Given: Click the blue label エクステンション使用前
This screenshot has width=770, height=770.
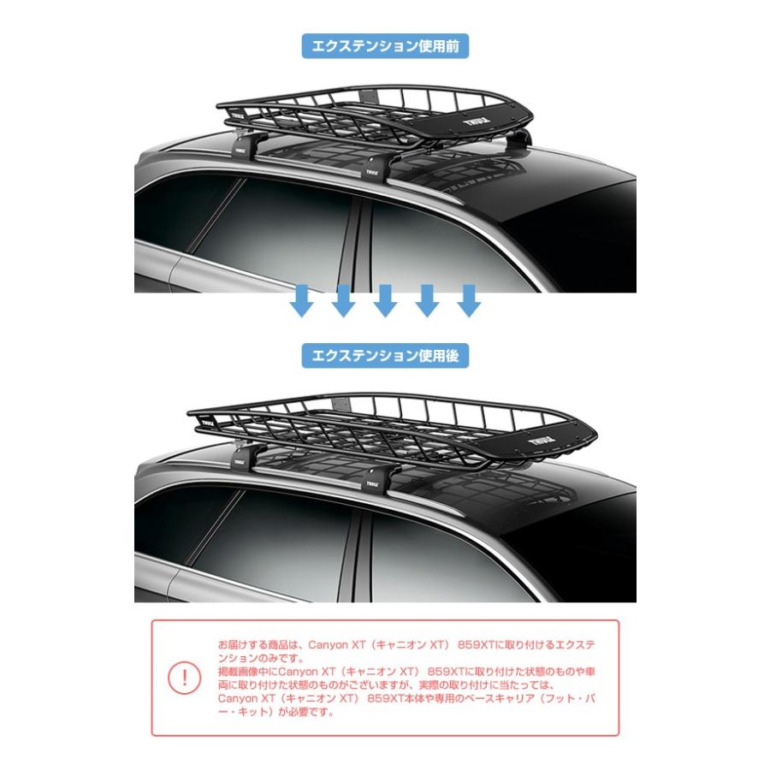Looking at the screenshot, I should coord(385,45).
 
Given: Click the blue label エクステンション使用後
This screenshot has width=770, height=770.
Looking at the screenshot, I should coord(385,355).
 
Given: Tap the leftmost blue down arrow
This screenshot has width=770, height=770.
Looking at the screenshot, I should coord(302,301).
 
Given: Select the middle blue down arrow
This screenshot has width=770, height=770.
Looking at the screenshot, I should coord(385,301).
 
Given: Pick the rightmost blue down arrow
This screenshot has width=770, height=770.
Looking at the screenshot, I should coord(467,301).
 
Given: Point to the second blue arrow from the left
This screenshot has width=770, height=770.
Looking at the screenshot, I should coord(343,301).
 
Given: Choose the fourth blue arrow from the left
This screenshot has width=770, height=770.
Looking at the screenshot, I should coord(426,301).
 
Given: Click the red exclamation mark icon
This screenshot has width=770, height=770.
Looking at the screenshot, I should coord(183,678).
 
